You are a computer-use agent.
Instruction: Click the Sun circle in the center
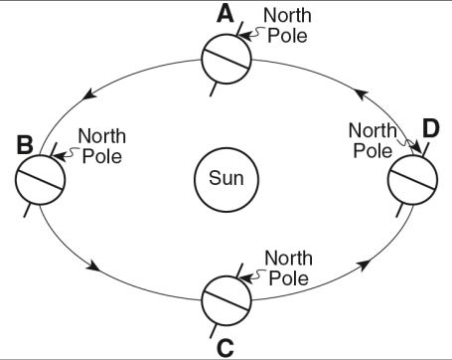(x=226, y=179)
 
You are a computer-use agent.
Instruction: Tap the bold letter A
(x=225, y=15)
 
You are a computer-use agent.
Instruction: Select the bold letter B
(x=25, y=145)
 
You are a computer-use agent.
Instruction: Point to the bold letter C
(x=226, y=348)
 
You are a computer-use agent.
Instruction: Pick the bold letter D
(x=431, y=128)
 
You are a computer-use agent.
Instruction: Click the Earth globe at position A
(x=226, y=59)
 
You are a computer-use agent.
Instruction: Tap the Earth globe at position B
(x=41, y=179)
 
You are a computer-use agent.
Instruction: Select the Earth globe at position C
(x=226, y=301)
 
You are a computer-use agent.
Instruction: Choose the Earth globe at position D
(x=412, y=179)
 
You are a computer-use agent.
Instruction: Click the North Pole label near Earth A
(x=287, y=25)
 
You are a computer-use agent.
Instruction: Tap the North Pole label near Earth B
(x=102, y=146)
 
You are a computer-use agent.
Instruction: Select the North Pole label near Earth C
(x=288, y=268)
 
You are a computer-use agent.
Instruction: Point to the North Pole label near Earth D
(x=373, y=140)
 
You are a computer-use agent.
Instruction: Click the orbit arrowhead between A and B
(x=88, y=94)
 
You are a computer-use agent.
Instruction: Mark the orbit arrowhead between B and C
(x=93, y=266)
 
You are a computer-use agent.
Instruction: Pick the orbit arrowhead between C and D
(x=364, y=265)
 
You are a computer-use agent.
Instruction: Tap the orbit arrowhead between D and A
(x=363, y=95)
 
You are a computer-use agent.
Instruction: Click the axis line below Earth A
(x=214, y=90)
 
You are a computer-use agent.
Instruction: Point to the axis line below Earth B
(x=28, y=210)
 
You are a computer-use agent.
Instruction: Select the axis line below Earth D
(x=400, y=210)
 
